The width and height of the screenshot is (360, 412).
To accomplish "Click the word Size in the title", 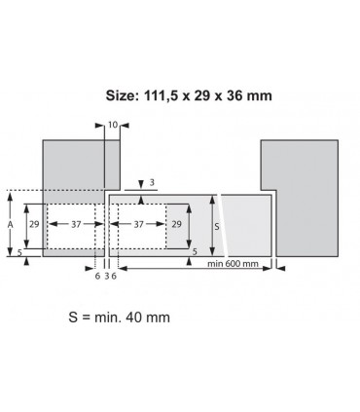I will [124, 95].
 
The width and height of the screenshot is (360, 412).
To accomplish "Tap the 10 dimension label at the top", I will [112, 126].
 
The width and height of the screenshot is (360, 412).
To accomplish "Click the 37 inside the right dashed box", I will [139, 224].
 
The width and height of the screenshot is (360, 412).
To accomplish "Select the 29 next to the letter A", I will [33, 224].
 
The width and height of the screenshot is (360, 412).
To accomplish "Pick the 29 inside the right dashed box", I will [177, 224].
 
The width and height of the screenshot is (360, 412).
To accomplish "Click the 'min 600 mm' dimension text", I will [234, 264].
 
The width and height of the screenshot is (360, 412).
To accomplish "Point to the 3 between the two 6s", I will [106, 277].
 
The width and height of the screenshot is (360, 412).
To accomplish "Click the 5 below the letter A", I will [19, 251].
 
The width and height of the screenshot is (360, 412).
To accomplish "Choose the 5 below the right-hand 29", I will [195, 251].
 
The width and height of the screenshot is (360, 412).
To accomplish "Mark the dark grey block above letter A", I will [73, 166].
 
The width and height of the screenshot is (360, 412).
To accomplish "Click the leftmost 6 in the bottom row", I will [98, 277].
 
